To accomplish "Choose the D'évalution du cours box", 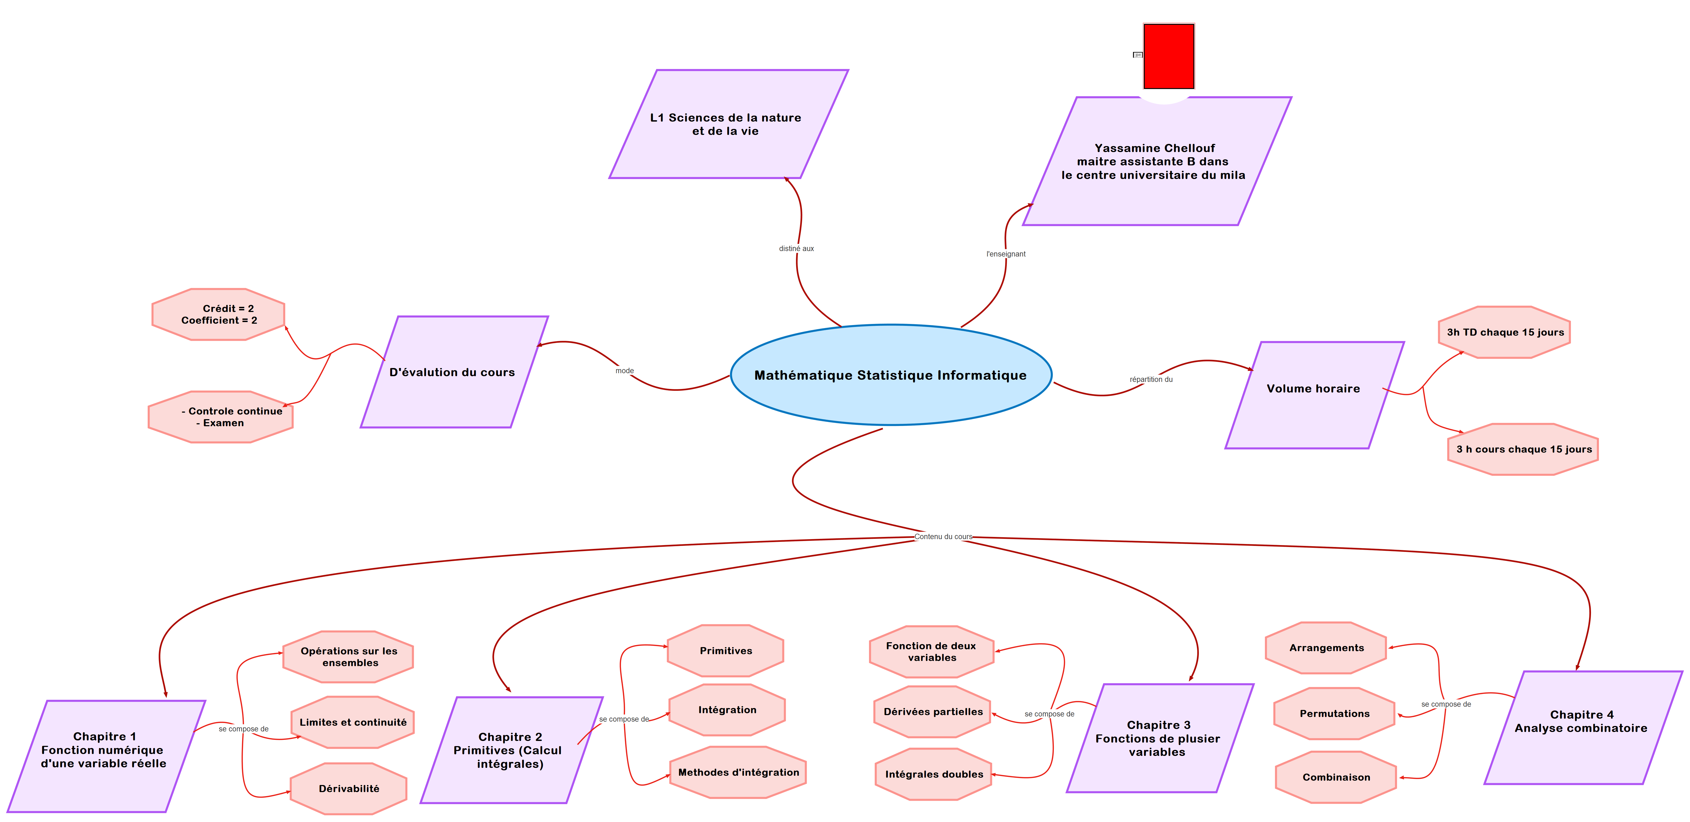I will tap(453, 372).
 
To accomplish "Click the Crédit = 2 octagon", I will tap(218, 314).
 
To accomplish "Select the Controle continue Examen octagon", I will tap(221, 417).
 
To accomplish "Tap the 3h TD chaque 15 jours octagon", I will tap(1504, 332).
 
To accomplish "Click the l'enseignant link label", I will tap(1006, 254).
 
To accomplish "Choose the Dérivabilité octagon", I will tap(349, 789).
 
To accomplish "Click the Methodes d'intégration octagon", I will tap(738, 772).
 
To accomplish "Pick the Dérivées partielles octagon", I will tap(933, 712).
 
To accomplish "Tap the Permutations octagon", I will tap(1334, 714).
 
